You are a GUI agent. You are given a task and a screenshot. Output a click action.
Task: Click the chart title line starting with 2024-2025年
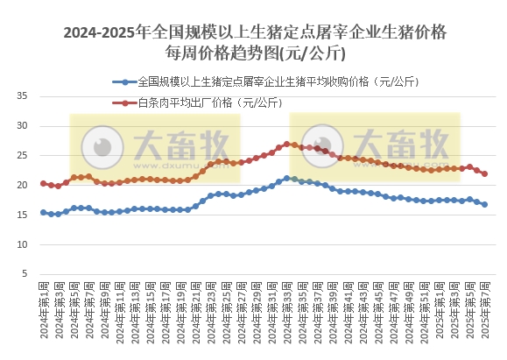(253, 32)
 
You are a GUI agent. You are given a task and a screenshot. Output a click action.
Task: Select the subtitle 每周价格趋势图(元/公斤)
(253, 55)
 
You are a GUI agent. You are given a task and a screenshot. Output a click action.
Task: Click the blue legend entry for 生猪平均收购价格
(263, 82)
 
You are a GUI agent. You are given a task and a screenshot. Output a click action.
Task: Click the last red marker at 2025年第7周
(484, 173)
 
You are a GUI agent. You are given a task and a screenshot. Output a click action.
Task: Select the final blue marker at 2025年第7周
(484, 204)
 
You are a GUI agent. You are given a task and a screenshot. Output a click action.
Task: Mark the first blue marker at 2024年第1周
(44, 212)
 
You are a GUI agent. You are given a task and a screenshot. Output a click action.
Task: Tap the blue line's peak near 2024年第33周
(286, 178)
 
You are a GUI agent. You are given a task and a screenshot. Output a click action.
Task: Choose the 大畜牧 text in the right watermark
(412, 143)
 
